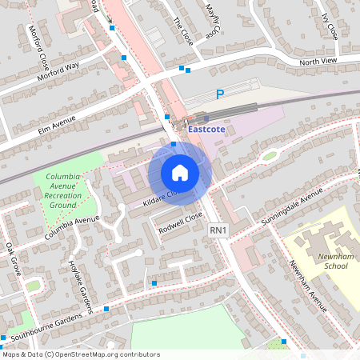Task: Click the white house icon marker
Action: tap(180, 173)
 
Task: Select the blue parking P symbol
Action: tap(220, 94)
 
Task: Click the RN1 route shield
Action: tap(218, 230)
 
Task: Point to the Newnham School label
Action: tap(330, 270)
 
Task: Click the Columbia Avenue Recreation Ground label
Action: tap(64, 190)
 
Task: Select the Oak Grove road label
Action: tap(14, 258)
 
